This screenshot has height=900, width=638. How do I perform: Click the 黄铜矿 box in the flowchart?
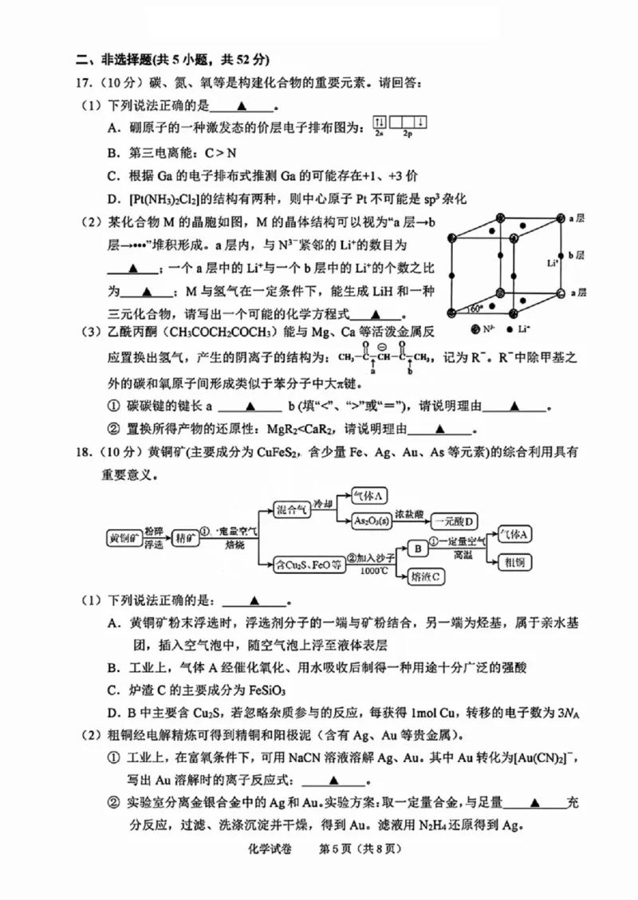pos(124,538)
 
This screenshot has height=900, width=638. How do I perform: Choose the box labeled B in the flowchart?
pos(415,548)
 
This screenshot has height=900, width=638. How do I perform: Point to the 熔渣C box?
pos(427,576)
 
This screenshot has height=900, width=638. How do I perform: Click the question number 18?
pos(85,452)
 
